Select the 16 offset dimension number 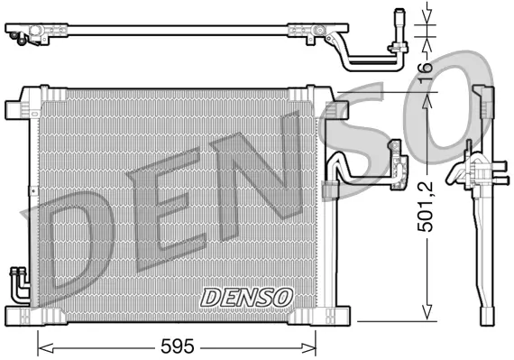(424, 66)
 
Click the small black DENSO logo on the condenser (246, 296)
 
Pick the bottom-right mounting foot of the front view (330, 315)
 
